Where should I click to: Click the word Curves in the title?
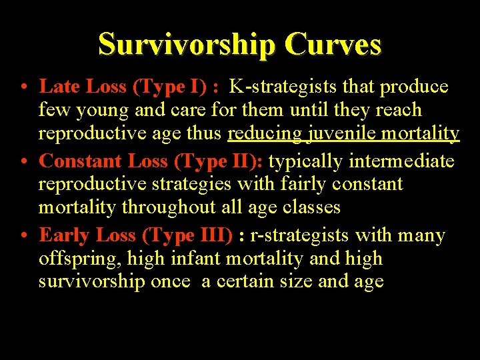coord(333,45)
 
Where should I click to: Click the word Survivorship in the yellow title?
coord(186,45)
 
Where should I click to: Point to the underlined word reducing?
coord(265,133)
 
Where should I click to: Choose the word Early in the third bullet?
coord(65,235)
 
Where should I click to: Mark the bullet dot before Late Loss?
coord(23,87)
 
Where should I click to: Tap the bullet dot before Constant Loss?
coord(23,162)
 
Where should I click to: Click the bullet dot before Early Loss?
coord(23,236)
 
